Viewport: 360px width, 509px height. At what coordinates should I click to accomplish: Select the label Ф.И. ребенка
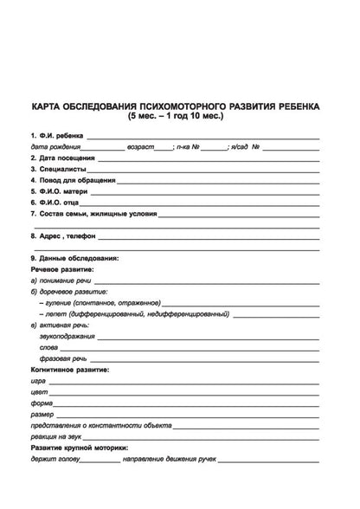pyautogui.click(x=61, y=137)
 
